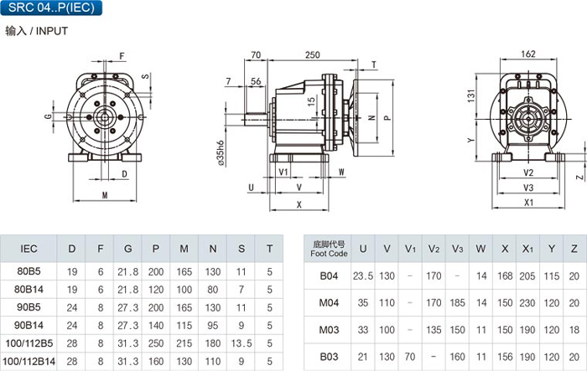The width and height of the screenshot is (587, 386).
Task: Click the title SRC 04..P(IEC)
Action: click(45, 8)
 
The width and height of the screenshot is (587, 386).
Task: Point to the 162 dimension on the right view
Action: click(528, 54)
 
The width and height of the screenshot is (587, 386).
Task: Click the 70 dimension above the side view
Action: click(256, 55)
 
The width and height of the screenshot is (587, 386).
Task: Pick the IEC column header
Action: click(29, 249)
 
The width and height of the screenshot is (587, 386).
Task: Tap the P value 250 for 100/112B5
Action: click(156, 342)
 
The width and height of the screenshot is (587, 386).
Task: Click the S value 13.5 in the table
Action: click(242, 342)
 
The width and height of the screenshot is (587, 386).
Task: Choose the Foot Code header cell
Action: click(328, 249)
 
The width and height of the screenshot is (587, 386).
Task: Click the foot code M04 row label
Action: click(328, 303)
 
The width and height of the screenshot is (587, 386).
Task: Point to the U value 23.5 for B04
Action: click(363, 275)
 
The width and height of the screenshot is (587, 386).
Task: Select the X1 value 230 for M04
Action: click(527, 303)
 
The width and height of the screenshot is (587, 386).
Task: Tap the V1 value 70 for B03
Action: click(410, 358)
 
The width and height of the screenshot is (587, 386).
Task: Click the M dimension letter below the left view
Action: click(105, 196)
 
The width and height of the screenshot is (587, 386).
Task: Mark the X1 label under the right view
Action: click(528, 203)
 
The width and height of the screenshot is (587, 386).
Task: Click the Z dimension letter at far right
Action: click(579, 178)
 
